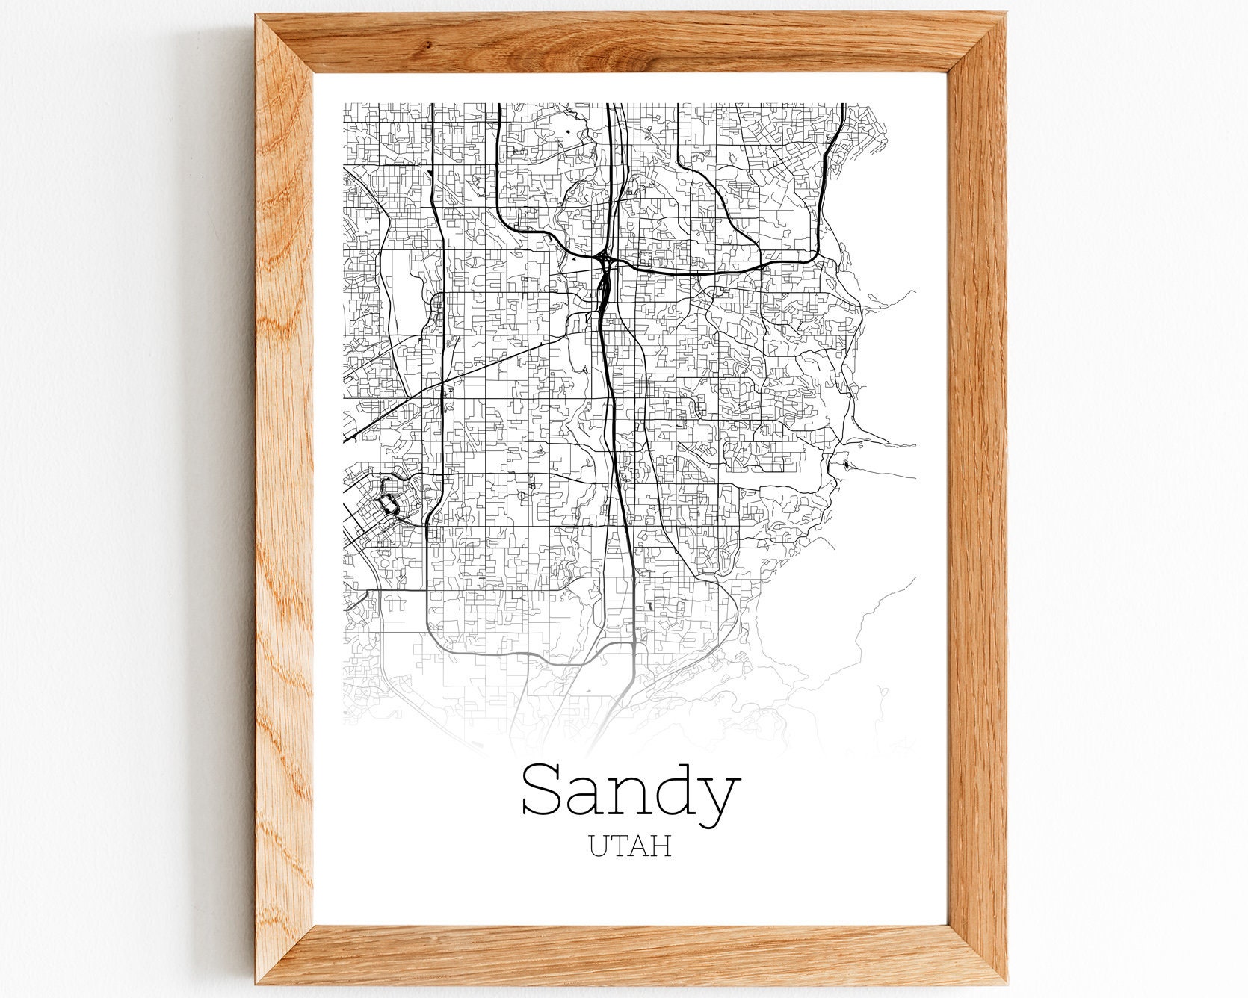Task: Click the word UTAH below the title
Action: pyautogui.click(x=629, y=846)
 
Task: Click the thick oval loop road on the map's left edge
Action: pyautogui.click(x=389, y=504)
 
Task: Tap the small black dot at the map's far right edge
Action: pyautogui.click(x=845, y=465)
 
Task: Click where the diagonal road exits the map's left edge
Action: pyautogui.click(x=345, y=438)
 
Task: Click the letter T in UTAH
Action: pyautogui.click(x=620, y=846)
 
